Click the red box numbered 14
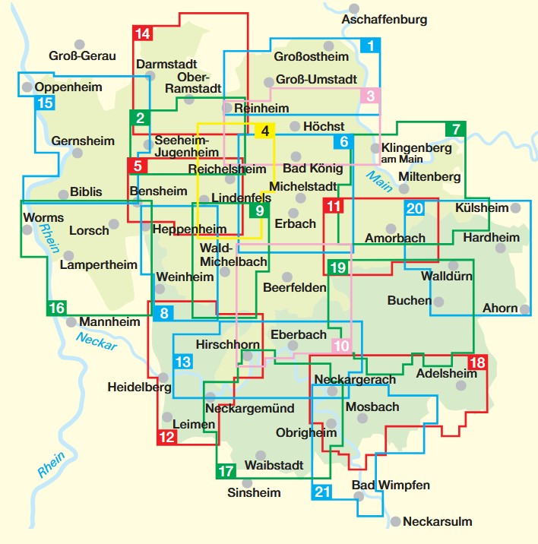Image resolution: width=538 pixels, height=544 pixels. coord(142,33)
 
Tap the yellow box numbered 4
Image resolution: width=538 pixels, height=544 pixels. coord(264,131)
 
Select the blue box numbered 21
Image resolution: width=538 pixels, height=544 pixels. coord(322,492)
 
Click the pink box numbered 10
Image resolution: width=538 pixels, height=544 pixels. coord(342,346)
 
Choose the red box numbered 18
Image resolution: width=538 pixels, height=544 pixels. coord(477,363)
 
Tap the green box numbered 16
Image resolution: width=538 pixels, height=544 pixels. coord(56,308)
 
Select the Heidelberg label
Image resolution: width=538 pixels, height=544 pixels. coord(139,387)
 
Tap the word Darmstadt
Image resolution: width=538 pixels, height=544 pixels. coord(166,65)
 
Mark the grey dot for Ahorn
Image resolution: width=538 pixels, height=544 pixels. coord(525,308)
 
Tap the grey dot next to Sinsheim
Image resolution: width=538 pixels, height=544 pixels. coord(245,482)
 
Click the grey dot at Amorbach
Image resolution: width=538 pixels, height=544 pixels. coord(391,228)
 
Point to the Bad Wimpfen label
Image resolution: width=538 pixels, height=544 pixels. coord(391,485)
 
